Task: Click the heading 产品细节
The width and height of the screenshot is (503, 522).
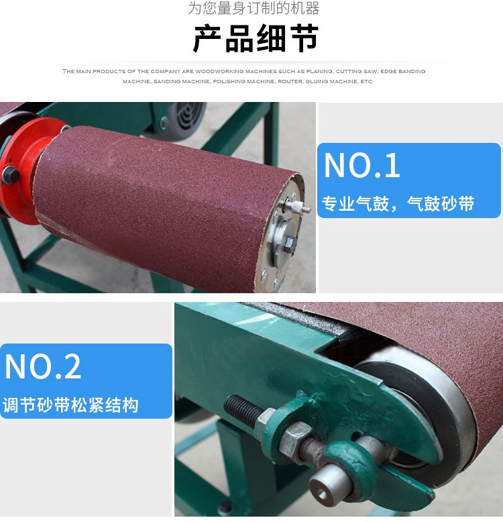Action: tap(256, 39)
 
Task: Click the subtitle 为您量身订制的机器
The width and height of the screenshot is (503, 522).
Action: tap(254, 8)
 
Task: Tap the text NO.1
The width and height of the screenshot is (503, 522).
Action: tap(361, 165)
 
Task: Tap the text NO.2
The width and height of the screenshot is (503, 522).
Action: tap(43, 366)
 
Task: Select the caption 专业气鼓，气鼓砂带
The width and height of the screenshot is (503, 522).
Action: tap(398, 203)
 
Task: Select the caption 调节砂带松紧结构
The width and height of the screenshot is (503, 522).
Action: tap(70, 405)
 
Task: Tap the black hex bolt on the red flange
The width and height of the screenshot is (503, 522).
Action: tap(10, 174)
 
